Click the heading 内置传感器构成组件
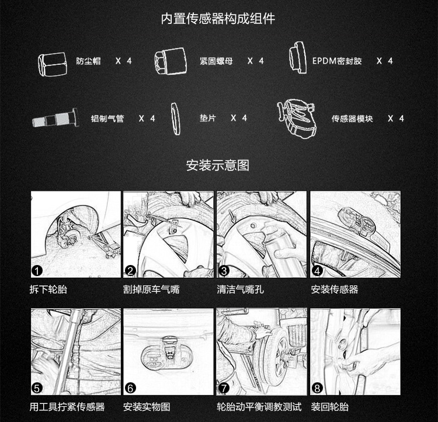218,19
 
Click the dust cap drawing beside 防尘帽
53,64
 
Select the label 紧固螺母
216,61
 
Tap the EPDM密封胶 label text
337,61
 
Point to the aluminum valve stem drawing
55,118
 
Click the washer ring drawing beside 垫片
175,119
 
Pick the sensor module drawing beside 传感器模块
297,118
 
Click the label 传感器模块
352,118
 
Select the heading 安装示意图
218,165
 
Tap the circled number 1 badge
37,270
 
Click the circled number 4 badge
317,270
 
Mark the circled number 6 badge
130,388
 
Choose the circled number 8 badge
317,388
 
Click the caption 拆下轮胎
48,290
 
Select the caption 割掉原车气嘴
151,290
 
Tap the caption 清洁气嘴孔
240,290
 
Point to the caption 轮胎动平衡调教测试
259,407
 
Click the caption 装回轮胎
330,407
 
